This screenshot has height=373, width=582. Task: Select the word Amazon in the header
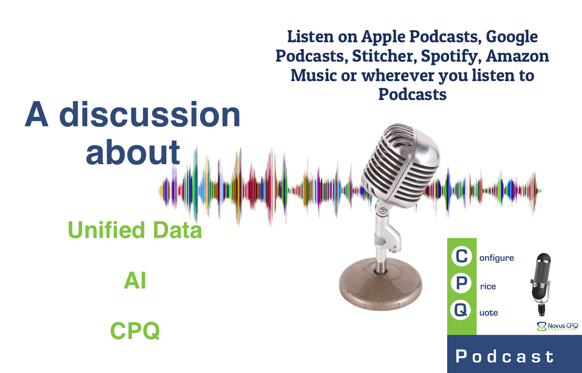pos(517,56)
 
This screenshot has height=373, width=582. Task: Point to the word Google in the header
pos(512,36)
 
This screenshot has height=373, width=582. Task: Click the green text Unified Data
pos(135,230)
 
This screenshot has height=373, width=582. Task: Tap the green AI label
pos(135,281)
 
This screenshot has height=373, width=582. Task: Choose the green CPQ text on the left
pos(135,332)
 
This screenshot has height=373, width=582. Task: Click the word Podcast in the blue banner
pos(505,357)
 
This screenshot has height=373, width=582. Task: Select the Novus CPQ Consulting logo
pos(556,327)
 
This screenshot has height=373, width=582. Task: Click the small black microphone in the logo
pos(541,282)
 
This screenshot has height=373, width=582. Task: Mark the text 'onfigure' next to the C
pos(497,258)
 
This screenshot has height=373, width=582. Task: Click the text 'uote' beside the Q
pos(488,313)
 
